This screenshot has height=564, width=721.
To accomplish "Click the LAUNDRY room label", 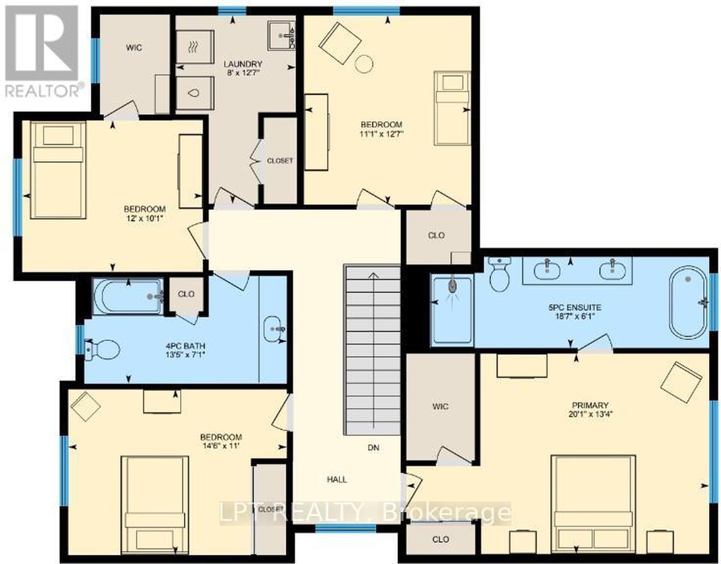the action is point(243,64).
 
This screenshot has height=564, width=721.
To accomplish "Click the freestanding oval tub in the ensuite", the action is point(688,302).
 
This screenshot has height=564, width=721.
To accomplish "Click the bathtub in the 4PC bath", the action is point(128,296).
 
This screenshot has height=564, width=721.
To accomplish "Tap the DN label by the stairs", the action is point(373,447).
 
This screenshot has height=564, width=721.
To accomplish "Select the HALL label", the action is point(337,479).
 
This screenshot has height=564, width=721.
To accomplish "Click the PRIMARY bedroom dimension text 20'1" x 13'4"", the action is point(590,414).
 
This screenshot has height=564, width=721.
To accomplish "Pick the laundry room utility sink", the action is point(281,36).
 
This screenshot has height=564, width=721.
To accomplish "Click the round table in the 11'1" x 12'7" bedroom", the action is point(364,64).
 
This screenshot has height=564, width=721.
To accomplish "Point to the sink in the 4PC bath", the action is point(274,328).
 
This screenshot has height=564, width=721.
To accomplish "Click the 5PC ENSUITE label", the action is point(575,307).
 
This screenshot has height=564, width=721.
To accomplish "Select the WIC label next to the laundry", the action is point(134,48).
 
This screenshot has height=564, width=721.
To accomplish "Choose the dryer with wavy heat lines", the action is point(195,47).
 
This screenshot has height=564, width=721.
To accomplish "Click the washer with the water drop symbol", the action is point(195,93).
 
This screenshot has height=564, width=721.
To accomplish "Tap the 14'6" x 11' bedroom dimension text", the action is point(221,446).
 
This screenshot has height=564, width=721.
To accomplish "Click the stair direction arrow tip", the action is point(374,273).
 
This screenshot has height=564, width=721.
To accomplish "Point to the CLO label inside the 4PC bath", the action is point(186,294).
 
